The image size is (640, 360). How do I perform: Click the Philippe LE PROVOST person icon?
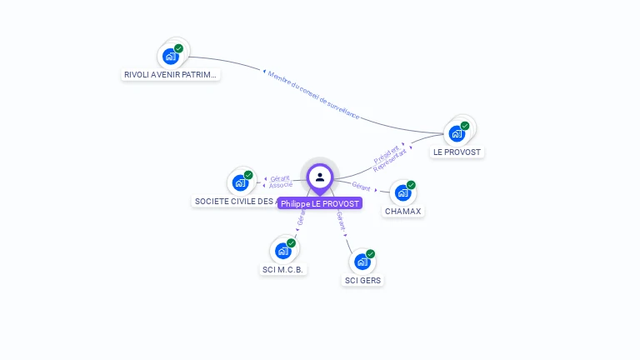[x=320, y=177]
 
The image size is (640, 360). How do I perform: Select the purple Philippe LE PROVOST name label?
[x=320, y=203]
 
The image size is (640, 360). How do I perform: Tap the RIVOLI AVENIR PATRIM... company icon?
[x=171, y=57]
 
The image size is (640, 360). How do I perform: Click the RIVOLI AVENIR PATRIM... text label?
[x=171, y=75]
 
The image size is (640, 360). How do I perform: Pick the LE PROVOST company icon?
[x=457, y=133]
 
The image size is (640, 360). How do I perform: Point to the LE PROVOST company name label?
[x=457, y=152]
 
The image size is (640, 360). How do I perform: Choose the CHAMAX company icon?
[x=403, y=192]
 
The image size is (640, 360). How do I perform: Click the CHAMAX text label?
[x=403, y=212]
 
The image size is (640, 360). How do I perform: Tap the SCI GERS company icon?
[x=362, y=262]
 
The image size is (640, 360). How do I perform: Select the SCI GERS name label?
[x=362, y=281]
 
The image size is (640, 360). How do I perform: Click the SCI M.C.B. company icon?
[x=283, y=250]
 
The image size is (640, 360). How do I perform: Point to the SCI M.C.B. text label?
[x=283, y=269]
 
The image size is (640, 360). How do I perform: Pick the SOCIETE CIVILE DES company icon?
[x=241, y=182]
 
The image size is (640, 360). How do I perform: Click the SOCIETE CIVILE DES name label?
[x=235, y=201]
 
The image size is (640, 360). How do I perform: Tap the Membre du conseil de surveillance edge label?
[x=314, y=95]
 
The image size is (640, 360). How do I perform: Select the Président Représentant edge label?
[x=392, y=157]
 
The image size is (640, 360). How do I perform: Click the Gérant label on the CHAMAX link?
[x=361, y=187]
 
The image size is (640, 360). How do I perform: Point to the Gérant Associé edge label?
[x=280, y=182]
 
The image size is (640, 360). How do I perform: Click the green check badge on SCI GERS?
[x=370, y=254]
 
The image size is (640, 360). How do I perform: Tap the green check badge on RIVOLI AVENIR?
[x=178, y=48]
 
